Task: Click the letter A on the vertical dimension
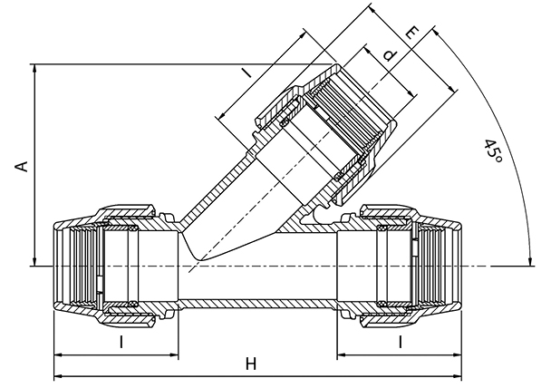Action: click(23, 167)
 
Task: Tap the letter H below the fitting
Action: click(250, 364)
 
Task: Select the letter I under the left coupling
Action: click(121, 342)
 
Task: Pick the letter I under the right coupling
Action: click(400, 342)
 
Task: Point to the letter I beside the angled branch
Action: click(247, 73)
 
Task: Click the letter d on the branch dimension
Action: click(390, 56)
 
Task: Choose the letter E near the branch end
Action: click(412, 34)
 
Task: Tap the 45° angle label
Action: click(493, 151)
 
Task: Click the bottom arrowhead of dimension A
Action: click(34, 261)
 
